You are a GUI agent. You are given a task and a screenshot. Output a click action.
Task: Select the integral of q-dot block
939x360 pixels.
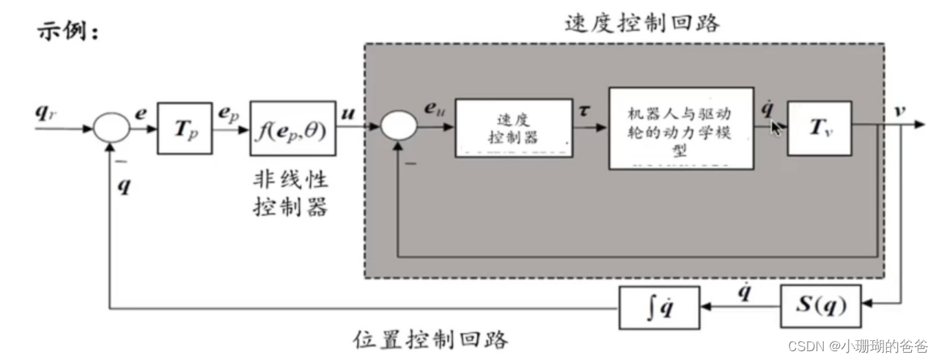(659, 306)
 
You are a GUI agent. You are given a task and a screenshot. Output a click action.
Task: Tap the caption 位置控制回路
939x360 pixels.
(431, 339)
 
